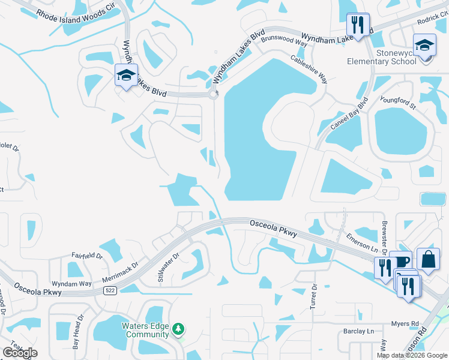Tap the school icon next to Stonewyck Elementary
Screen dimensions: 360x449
click(424, 46)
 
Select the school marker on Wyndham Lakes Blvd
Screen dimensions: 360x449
click(126, 75)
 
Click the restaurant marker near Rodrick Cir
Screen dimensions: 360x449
click(358, 25)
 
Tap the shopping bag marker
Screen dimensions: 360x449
click(428, 259)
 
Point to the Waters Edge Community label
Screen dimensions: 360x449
click(143, 331)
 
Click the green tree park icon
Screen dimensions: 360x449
click(178, 329)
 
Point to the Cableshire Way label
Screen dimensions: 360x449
click(310, 69)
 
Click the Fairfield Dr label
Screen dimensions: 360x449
click(87, 256)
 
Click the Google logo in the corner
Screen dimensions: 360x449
click(20, 352)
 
